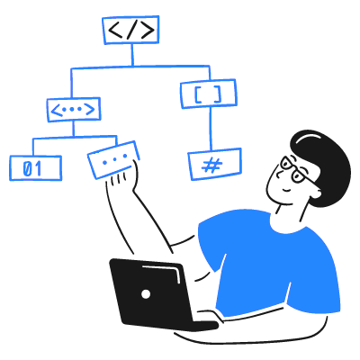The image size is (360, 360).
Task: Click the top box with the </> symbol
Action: coord(130,30)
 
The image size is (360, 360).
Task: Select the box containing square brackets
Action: coord(209,94)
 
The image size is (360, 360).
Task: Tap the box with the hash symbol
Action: coord(215,164)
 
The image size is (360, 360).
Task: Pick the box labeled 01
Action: coord(35,168)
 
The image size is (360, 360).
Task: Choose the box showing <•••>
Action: coord(74,110)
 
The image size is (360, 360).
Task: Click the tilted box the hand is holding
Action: coord(113,160)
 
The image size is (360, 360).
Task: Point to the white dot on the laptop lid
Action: coord(146,294)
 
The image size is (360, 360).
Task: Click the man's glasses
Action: coord(295,170)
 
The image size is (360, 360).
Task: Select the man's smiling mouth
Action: coord(285,190)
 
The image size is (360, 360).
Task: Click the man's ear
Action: coord(313,191)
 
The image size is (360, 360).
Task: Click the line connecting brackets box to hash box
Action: coord(210,129)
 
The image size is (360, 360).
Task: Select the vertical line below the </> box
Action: coord(132,55)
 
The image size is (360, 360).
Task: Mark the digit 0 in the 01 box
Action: coord(27,168)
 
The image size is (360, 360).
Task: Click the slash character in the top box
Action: coord(131,31)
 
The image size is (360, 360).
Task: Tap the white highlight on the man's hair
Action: coord(311,136)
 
